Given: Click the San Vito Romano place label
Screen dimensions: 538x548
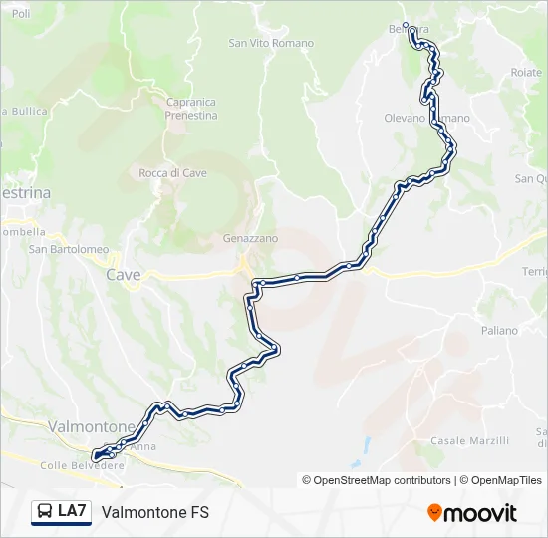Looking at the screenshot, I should point(271,43).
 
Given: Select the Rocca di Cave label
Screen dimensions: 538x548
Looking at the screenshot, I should point(172,173).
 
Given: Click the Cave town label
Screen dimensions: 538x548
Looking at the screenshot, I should point(124,275).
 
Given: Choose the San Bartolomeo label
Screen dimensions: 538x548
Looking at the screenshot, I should point(68,249).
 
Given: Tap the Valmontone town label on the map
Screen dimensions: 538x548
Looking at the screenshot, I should point(91,426).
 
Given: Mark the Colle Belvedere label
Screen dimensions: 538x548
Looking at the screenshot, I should point(82,465).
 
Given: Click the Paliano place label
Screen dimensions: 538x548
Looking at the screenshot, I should point(499,330).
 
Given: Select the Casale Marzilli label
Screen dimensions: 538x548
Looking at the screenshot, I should point(469,440).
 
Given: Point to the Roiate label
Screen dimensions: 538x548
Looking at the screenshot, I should point(525,73).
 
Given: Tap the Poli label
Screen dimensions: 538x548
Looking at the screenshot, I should point(21,14).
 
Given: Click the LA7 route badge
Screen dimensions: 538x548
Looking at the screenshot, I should point(61,511).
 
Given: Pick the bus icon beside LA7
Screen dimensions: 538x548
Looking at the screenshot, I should point(45,512).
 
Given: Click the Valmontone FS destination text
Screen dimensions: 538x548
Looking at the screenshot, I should point(154,512).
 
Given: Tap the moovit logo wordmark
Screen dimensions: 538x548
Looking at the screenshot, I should point(480,513).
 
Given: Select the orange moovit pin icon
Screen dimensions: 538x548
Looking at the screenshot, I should point(434,513).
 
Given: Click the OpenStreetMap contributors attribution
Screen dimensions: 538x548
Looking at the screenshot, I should point(383,480).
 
